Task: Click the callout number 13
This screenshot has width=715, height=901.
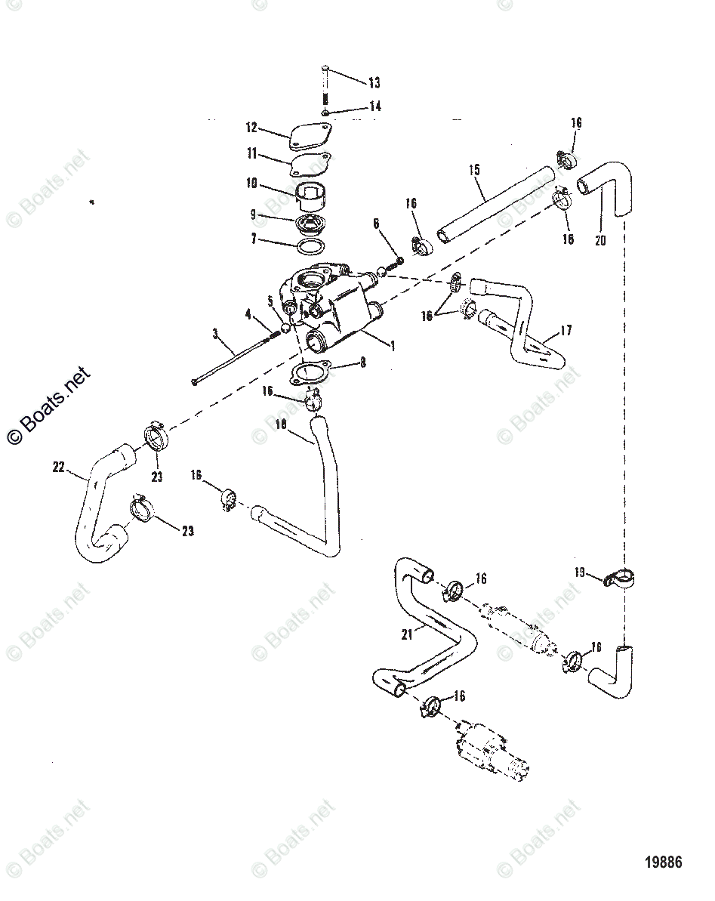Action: coord(374,82)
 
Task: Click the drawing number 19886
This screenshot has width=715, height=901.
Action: coord(662,862)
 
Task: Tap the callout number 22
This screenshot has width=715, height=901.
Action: coord(59,467)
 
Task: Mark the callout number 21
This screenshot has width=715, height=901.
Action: coord(408,635)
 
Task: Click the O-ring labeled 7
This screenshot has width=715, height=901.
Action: coord(310,248)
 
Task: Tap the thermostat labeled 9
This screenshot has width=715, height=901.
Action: coord(310,224)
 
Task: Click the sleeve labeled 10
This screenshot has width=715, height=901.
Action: coord(313,198)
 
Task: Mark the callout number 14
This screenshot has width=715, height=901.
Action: coord(374,107)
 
